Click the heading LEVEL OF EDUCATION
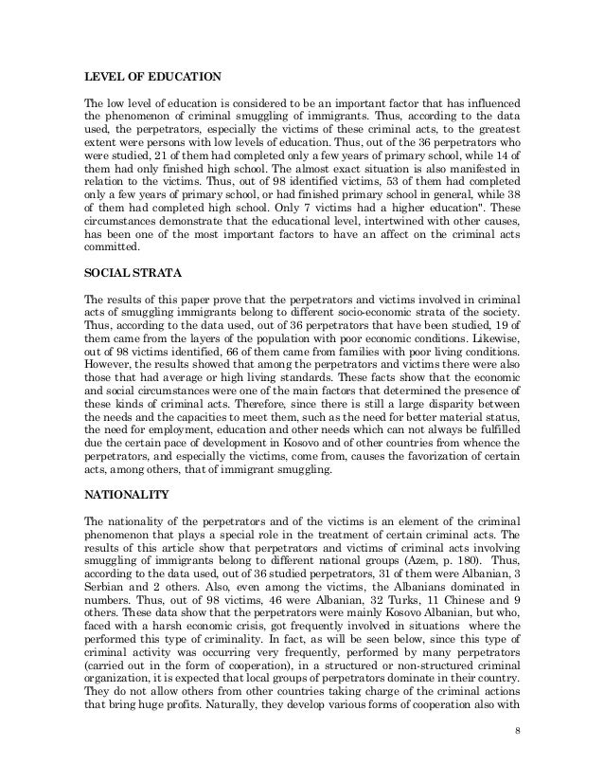tap(152, 73)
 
